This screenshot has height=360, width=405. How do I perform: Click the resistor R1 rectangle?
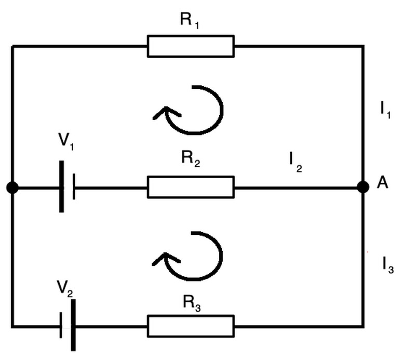(x=191, y=46)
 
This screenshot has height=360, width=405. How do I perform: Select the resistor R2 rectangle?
(x=191, y=187)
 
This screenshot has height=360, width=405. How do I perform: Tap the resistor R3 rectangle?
(x=191, y=326)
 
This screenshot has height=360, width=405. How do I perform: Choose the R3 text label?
(x=191, y=302)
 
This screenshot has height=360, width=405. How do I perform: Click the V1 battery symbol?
(x=68, y=187)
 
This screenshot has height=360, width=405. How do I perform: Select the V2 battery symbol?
(x=66, y=326)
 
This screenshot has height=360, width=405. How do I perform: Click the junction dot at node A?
(x=363, y=187)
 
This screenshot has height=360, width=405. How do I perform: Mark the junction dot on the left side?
(x=12, y=187)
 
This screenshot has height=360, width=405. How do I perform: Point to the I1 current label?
(x=385, y=111)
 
